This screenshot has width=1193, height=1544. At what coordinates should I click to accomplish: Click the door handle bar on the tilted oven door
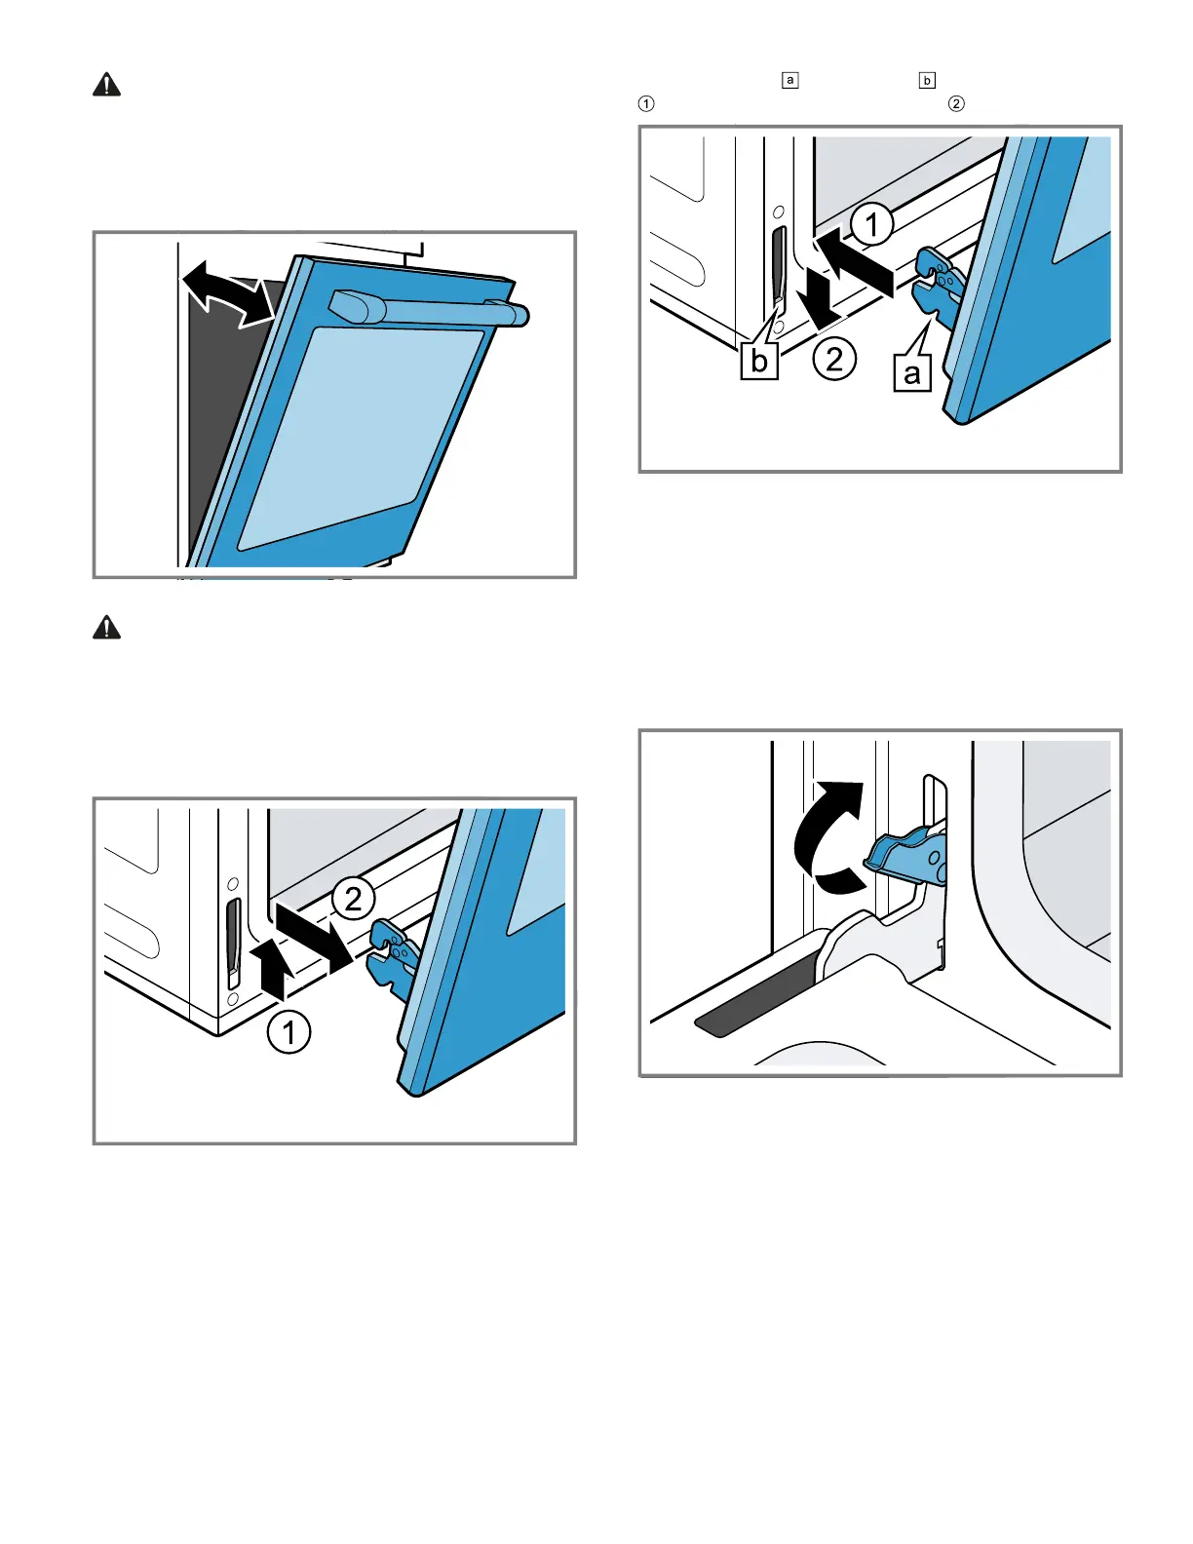[x=429, y=309]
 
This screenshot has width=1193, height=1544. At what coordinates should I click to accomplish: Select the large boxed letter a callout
[x=912, y=372]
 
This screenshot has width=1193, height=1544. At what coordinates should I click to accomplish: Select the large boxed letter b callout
[x=759, y=360]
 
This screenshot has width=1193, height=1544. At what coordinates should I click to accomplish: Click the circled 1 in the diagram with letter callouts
[x=871, y=225]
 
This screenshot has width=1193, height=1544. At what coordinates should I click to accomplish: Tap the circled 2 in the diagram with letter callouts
[x=834, y=359]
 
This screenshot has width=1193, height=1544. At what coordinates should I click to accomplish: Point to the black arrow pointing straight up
[x=279, y=969]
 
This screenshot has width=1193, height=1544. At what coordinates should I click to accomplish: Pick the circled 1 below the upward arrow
[x=289, y=1032]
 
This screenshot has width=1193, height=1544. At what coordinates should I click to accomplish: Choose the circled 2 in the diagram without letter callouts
[x=353, y=898]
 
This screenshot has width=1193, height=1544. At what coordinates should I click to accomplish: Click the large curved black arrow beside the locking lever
[x=828, y=838]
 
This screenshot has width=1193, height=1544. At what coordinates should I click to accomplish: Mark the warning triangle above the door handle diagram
[x=107, y=86]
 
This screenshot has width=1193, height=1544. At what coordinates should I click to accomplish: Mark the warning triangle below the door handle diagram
[x=107, y=628]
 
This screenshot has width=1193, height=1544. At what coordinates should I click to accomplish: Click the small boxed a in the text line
[x=790, y=80]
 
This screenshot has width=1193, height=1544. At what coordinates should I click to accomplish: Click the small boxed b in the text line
[x=927, y=80]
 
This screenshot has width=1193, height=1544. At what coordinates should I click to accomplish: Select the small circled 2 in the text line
[x=956, y=103]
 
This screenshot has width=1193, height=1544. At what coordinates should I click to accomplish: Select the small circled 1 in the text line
[x=646, y=103]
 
